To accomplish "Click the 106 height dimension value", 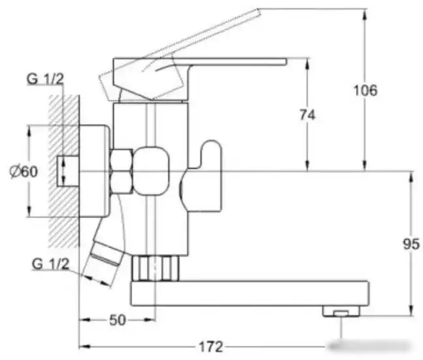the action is (x=365, y=90).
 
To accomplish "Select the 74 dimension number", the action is (x=307, y=115).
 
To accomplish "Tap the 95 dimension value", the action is (x=411, y=244).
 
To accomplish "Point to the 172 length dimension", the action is (x=211, y=346).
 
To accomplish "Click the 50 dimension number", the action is (x=118, y=320).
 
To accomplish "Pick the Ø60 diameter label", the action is (x=24, y=171).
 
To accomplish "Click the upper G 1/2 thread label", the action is (x=45, y=79).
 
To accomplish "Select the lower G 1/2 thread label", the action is (x=50, y=264).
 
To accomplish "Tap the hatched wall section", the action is (x=64, y=171).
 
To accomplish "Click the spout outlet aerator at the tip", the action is (x=341, y=311).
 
